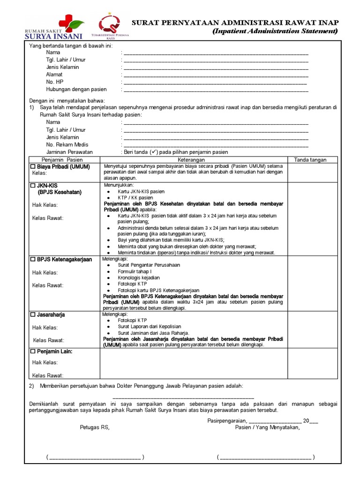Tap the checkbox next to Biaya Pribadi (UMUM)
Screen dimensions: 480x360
point(33,167)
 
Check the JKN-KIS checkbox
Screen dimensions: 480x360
point(33,186)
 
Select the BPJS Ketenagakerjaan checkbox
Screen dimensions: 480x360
point(33,259)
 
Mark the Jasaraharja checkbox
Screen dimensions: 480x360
point(33,315)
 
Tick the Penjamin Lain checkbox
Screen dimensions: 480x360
point(33,351)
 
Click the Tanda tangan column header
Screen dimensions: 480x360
point(310,160)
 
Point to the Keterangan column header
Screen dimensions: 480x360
point(194,160)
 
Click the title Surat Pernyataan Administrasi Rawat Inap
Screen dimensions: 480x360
point(235,22)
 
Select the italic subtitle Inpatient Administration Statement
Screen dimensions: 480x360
point(275,31)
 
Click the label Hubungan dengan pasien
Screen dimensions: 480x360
point(76,89)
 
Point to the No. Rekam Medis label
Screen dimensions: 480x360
point(67,145)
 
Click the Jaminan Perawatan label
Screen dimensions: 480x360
point(69,152)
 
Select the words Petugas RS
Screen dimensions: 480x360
point(95,427)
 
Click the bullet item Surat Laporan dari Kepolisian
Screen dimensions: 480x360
point(149,326)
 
